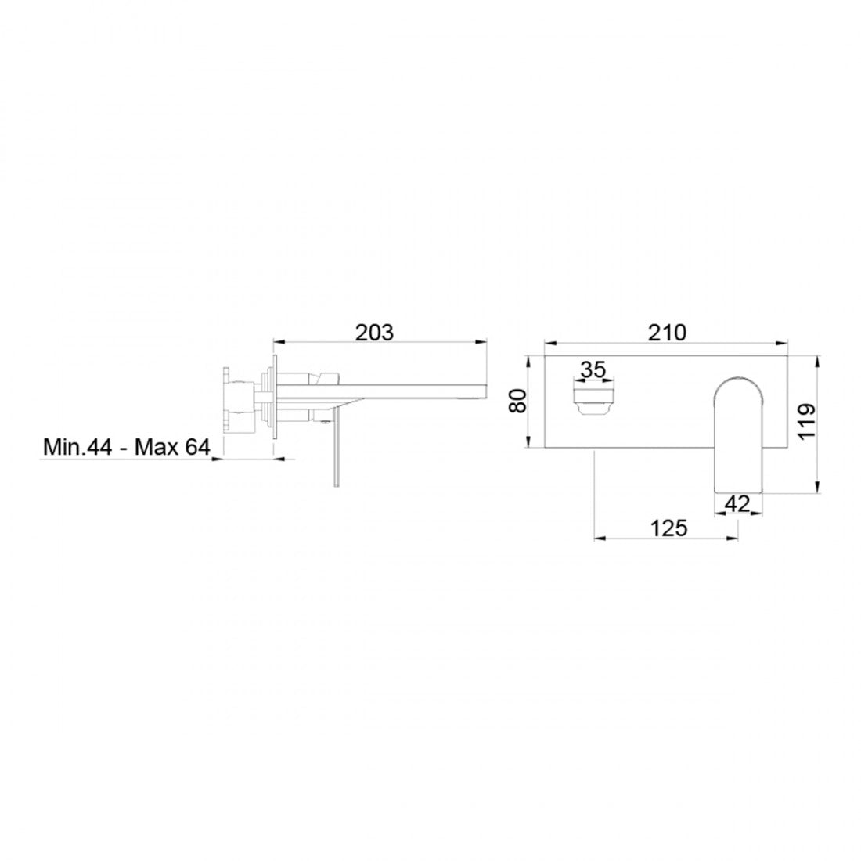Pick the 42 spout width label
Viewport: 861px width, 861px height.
point(737,503)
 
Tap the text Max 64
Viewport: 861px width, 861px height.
point(172,448)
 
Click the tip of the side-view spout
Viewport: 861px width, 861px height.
point(484,390)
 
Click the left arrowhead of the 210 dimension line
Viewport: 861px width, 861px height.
point(548,343)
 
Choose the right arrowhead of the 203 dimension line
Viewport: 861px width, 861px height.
point(483,341)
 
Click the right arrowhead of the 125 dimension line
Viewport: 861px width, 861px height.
point(735,538)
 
